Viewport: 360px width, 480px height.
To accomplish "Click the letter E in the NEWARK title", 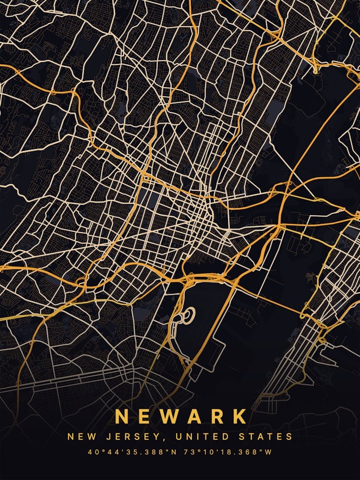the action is coord(145,416).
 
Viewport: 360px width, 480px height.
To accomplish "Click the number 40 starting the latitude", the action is coord(92,452).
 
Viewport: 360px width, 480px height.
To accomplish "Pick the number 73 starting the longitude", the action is coord(188,452).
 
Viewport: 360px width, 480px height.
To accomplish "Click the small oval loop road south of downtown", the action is coord(188,314).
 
